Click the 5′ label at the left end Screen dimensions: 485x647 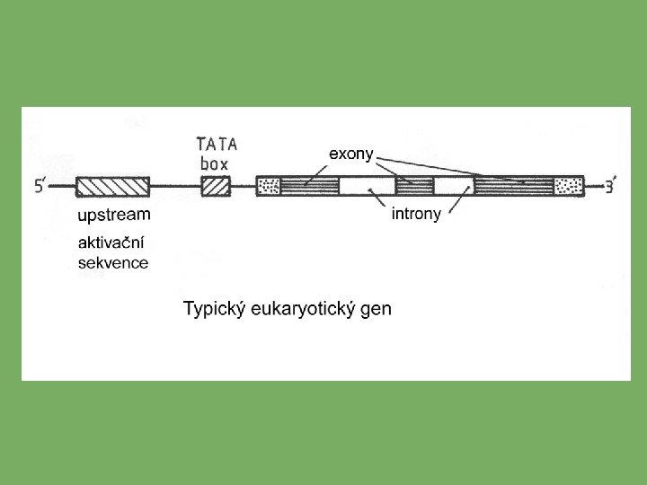tap(41, 188)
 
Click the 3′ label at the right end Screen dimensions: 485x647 tap(609, 188)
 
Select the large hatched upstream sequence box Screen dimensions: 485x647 tap(112, 187)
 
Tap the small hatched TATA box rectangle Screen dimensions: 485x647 tap(216, 187)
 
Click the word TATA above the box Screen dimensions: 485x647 tap(217, 145)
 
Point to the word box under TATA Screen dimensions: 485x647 tap(214, 163)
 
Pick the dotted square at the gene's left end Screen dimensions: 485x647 tap(269, 187)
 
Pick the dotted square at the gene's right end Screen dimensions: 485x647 tap(568, 187)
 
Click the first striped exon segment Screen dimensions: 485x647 tap(309, 187)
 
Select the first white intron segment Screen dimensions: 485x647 tap(366, 187)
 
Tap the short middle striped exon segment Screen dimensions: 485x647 tap(414, 187)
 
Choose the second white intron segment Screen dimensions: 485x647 tap(454, 187)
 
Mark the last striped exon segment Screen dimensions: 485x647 tap(513, 187)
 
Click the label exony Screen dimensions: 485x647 tap(351, 154)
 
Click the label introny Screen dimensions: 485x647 tap(416, 216)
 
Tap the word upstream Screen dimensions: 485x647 tap(114, 216)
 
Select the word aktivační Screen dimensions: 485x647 tap(112, 244)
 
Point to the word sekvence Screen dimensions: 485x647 tap(113, 263)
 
